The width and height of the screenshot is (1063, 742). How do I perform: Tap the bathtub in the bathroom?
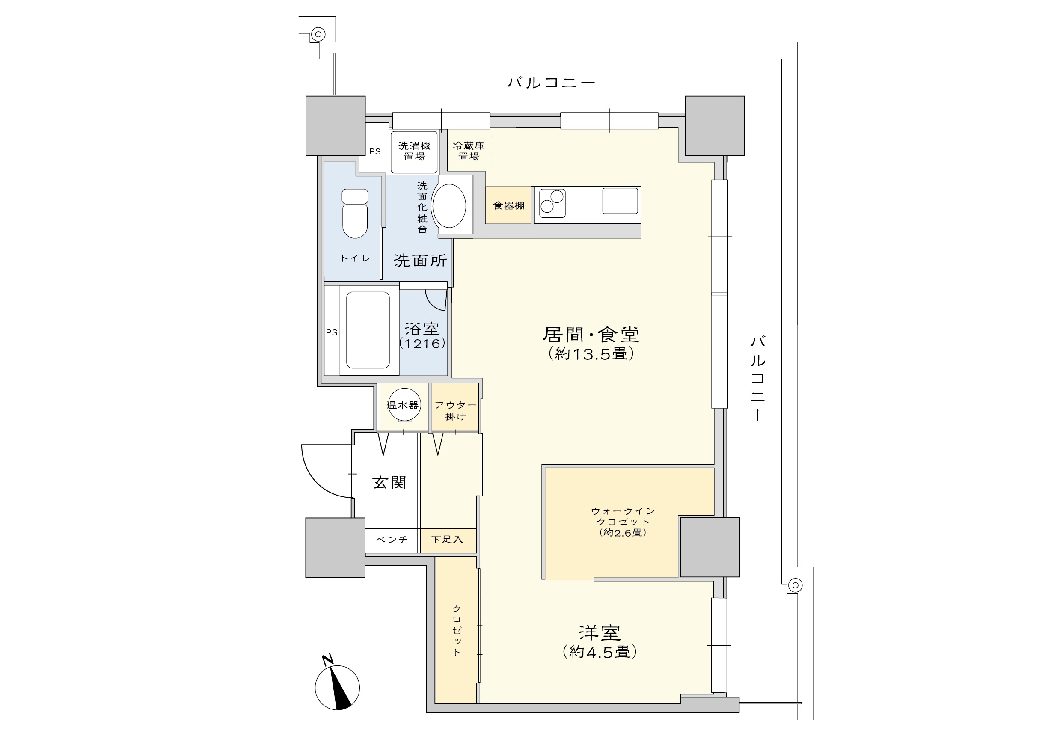click(368, 329)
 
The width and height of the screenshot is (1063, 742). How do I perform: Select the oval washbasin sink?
click(448, 205)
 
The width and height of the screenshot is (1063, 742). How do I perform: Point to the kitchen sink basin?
click(620, 200)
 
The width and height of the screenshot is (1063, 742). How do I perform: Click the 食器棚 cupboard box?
click(508, 205)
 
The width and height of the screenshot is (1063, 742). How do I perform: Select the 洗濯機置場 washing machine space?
click(414, 152)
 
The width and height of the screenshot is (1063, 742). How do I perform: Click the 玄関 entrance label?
click(389, 483)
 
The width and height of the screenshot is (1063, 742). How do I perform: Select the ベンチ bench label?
click(392, 540)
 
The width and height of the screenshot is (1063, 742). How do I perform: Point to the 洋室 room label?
click(600, 633)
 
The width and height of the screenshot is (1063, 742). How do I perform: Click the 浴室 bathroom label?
click(422, 329)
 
